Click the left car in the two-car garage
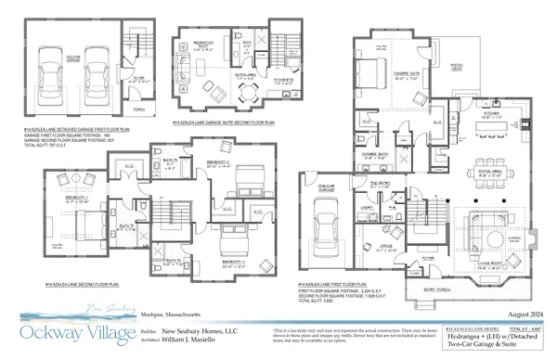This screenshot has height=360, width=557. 47,72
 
